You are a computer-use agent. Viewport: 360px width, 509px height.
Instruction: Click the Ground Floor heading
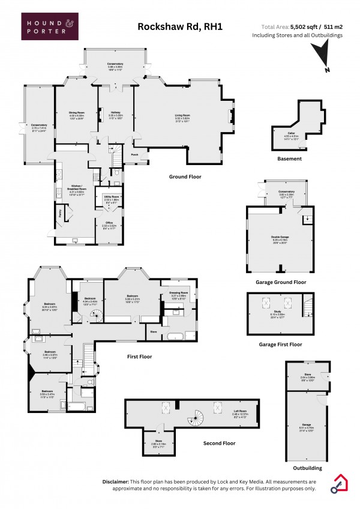(185, 177)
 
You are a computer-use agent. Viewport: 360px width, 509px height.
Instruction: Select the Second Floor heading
(219, 444)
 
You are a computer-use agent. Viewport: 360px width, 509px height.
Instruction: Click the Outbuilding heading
(307, 468)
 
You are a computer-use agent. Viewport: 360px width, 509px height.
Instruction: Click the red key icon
(337, 484)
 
